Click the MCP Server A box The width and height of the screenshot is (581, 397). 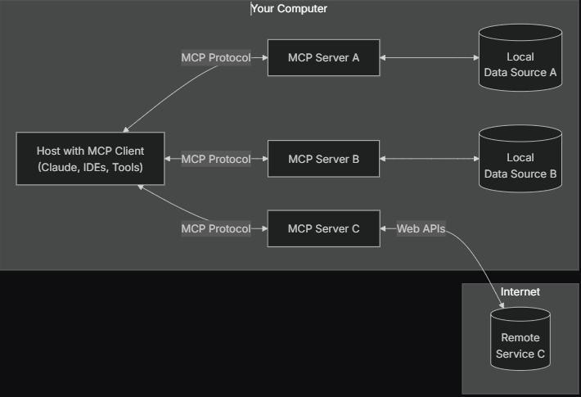(323, 57)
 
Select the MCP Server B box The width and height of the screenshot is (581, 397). (323, 159)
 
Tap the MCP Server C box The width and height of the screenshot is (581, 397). (323, 228)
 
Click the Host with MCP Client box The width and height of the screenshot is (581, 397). (90, 159)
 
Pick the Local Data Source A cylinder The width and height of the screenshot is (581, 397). (520, 65)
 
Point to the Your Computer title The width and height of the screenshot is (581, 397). (289, 9)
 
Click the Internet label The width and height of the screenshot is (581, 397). (520, 292)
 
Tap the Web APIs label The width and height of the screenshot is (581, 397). (421, 228)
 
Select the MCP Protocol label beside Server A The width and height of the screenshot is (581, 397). (216, 57)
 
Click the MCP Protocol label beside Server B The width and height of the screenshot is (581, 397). (216, 159)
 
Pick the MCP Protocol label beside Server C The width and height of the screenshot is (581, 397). (216, 228)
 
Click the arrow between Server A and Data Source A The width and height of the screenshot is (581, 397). (430, 57)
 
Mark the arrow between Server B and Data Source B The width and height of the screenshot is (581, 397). (430, 159)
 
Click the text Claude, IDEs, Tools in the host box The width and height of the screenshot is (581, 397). (90, 168)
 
